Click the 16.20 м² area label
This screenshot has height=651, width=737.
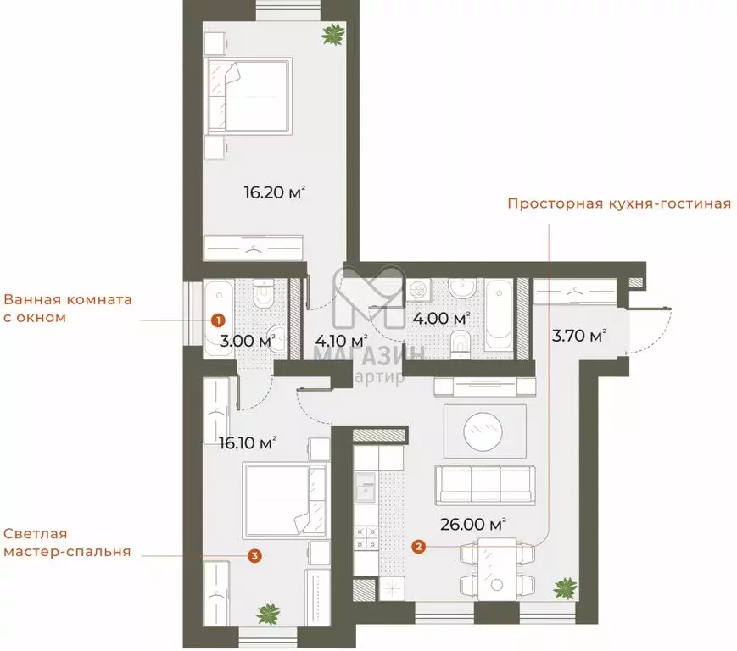274,193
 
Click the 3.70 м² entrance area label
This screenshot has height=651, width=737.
579,336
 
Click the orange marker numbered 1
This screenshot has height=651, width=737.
218,320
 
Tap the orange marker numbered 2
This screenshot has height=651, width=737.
419,547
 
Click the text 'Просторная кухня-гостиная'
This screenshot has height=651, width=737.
619,204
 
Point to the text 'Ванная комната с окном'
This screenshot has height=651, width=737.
68,309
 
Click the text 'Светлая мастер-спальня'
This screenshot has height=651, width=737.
66,542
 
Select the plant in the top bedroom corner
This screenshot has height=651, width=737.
332,34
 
